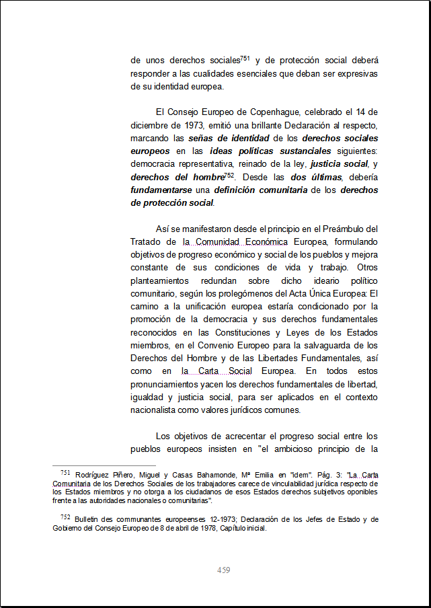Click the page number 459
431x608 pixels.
pyautogui.click(x=224, y=570)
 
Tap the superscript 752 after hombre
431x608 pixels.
pyautogui.click(x=229, y=175)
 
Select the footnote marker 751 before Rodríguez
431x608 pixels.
pyautogui.click(x=65, y=473)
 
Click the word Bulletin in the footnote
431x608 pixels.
pyautogui.click(x=88, y=519)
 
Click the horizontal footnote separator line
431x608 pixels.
pyautogui.click(x=104, y=465)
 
